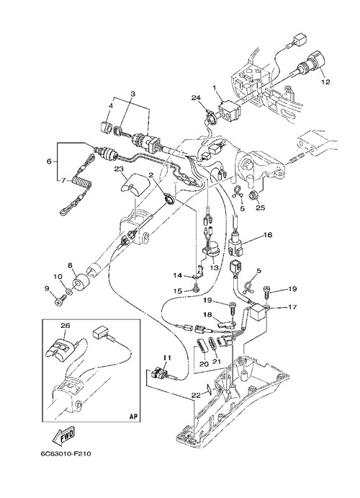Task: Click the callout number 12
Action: tap(325, 82)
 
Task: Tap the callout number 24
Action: tap(196, 98)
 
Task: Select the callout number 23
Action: tap(120, 169)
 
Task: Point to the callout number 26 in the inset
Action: tap(66, 326)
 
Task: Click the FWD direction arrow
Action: tap(64, 435)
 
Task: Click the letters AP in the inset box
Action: tap(134, 417)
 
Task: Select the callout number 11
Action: tap(167, 358)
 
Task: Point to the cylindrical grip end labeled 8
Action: tap(81, 281)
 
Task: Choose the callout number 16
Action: tap(267, 235)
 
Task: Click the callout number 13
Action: tap(214, 268)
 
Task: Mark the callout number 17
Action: tap(292, 307)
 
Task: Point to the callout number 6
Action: tap(49, 161)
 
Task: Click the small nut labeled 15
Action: tap(196, 289)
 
